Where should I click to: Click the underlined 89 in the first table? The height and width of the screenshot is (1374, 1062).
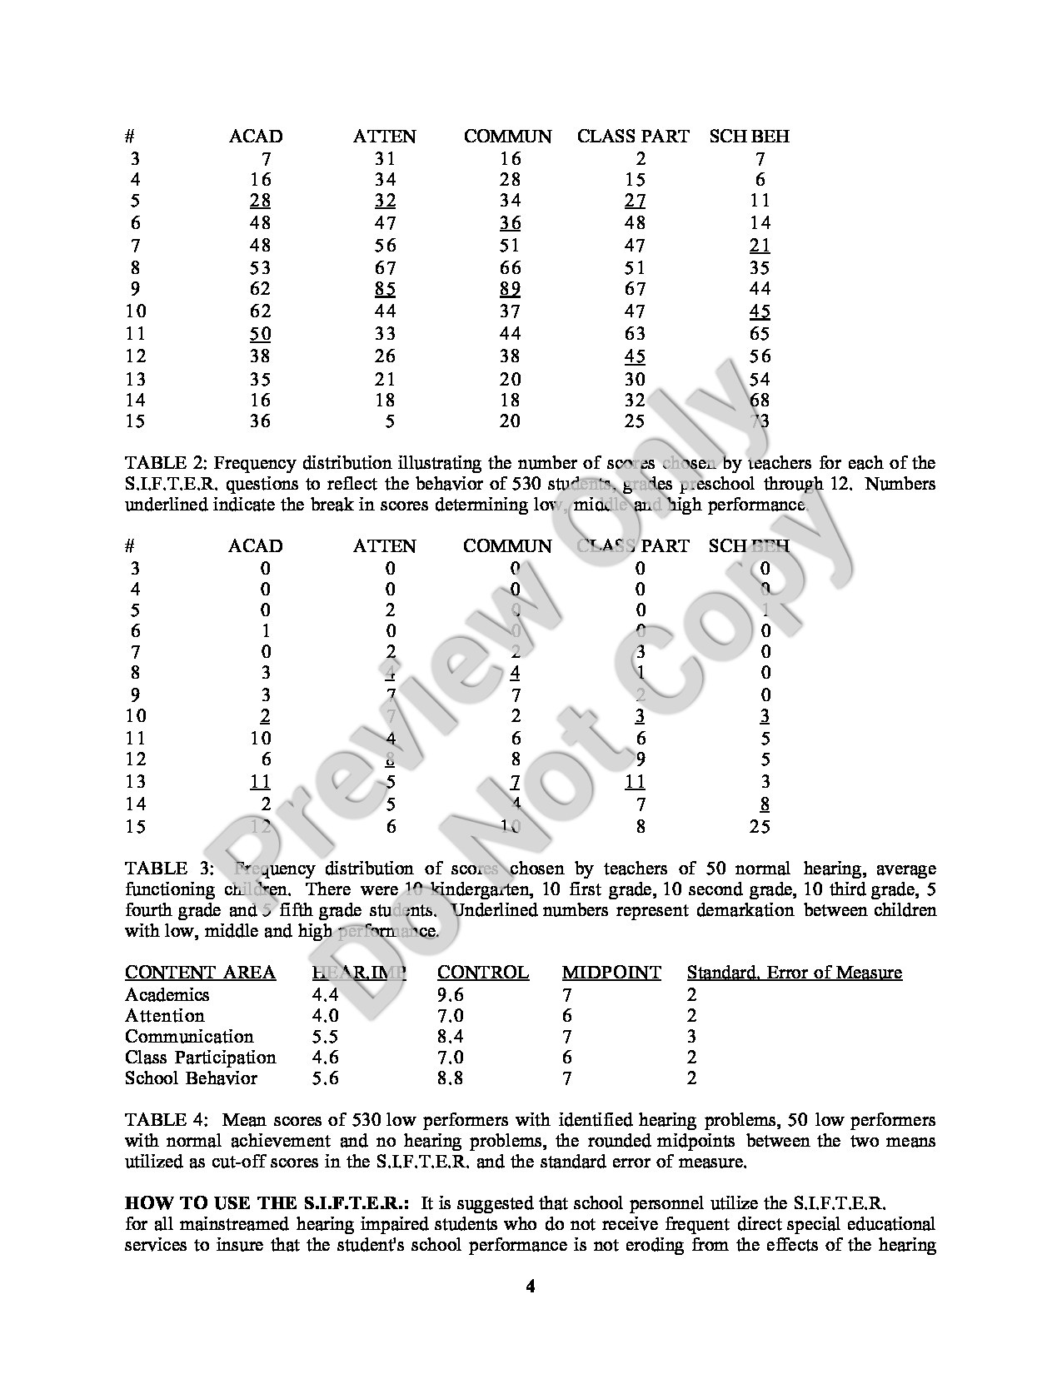tap(510, 289)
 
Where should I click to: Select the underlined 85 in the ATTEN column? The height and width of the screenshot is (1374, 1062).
tap(385, 289)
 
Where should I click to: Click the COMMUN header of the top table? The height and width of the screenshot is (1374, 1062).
tap(507, 137)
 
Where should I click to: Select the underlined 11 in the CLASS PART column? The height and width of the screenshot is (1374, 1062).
tap(635, 782)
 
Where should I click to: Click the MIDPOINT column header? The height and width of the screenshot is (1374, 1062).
tap(611, 973)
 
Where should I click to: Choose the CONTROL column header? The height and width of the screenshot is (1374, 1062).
tap(483, 973)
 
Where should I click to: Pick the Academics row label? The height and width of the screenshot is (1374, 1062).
tap(167, 995)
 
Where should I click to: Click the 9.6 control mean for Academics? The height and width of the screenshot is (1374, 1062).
tap(451, 995)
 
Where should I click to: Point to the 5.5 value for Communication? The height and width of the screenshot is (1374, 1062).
tap(325, 1037)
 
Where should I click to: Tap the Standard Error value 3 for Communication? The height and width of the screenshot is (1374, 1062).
tap(692, 1037)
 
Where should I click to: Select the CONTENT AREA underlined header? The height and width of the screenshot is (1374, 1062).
tap(200, 973)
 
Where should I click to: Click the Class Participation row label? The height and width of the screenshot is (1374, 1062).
tap(200, 1058)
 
